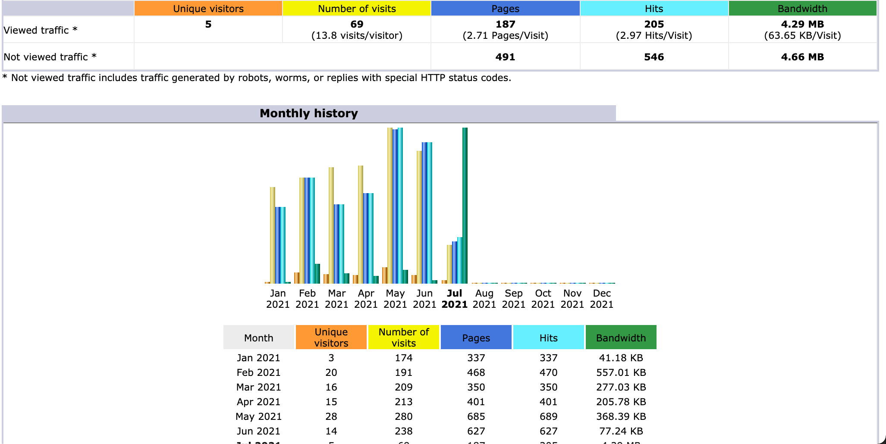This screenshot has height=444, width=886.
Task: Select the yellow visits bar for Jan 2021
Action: pos(273,235)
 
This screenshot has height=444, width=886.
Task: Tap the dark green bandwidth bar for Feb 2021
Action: pos(317,273)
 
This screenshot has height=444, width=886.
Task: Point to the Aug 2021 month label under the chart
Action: pos(484,299)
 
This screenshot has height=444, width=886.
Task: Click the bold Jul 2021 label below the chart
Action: pos(455,299)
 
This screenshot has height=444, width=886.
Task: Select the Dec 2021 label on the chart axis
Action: pos(601,299)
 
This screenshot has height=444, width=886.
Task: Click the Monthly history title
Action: pos(309,113)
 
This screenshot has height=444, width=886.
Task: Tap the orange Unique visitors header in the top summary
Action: pos(208,9)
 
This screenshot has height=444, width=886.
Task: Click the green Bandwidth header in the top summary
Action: pos(802,9)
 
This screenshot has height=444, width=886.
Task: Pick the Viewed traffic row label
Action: pos(41,30)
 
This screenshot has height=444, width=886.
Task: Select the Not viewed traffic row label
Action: pos(50,57)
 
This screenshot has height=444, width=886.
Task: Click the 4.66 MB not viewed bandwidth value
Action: pos(802,57)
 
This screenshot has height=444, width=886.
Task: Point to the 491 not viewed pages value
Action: pos(505,57)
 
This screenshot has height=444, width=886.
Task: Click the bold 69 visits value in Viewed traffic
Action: pos(357,24)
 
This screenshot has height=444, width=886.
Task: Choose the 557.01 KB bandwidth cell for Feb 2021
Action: pos(621,372)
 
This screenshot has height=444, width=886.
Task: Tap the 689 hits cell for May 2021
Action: pos(548,416)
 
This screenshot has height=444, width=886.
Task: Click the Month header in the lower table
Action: pos(258,338)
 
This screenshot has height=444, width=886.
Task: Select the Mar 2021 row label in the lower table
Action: pos(258,387)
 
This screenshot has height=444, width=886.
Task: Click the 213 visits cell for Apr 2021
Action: pos(403,402)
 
